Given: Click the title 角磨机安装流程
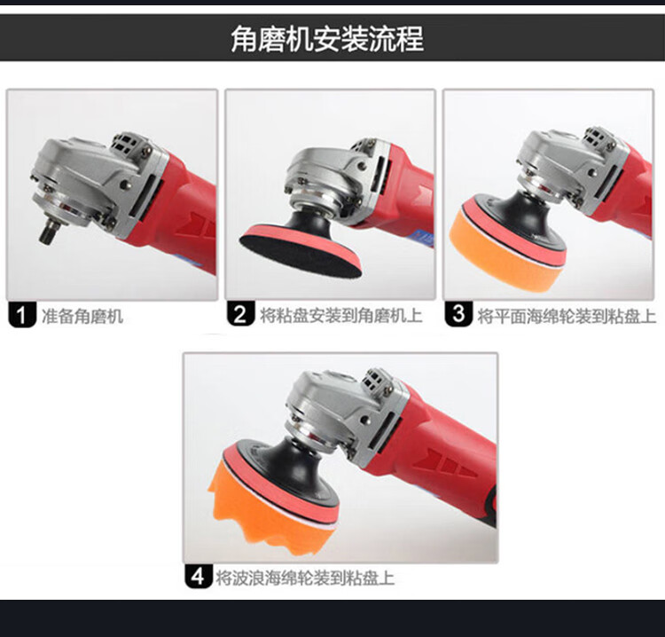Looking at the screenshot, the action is pyautogui.click(x=327, y=39).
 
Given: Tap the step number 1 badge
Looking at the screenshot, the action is pyautogui.click(x=21, y=315).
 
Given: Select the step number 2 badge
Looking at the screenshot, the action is pyautogui.click(x=240, y=314).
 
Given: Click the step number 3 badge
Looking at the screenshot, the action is pyautogui.click(x=458, y=313).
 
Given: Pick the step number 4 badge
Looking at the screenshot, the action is pyautogui.click(x=199, y=577).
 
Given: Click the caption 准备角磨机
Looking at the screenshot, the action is pyautogui.click(x=82, y=316).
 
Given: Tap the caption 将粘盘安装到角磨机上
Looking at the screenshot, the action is pyautogui.click(x=341, y=315).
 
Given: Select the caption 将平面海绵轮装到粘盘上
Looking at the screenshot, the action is pyautogui.click(x=567, y=316).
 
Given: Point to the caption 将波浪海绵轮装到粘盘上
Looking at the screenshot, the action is pyautogui.click(x=305, y=578).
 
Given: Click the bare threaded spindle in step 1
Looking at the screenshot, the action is pyautogui.click(x=47, y=232).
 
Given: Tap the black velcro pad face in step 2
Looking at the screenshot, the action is pyautogui.click(x=298, y=254).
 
